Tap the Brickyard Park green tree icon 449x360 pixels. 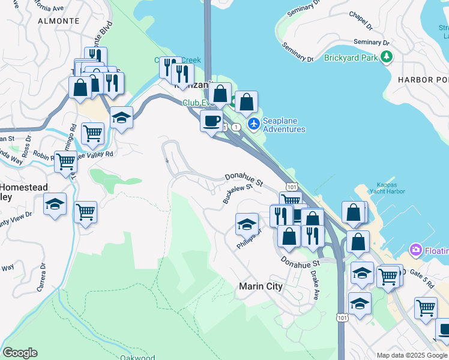pyautogui.click(x=388, y=58)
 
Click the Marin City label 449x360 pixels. pyautogui.click(x=261, y=286)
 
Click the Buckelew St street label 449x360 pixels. pyautogui.click(x=238, y=193)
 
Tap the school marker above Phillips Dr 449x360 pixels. pyautogui.click(x=246, y=224)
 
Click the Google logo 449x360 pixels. pyautogui.click(x=20, y=353)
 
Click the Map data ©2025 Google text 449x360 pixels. pyautogui.click(x=411, y=355)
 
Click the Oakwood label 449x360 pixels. pyautogui.click(x=137, y=358)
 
